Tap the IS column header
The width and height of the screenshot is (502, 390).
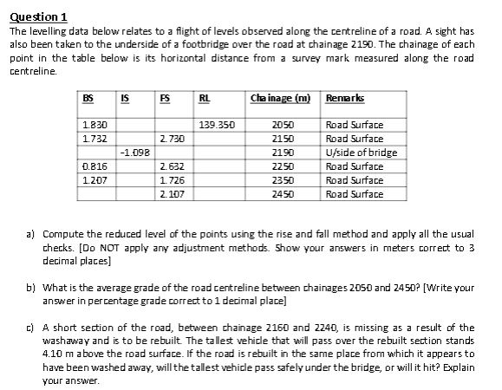(127, 98)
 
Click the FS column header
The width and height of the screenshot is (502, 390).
(165, 98)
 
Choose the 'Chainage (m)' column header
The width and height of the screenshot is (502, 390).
(276, 98)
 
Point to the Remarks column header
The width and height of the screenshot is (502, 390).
(343, 98)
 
